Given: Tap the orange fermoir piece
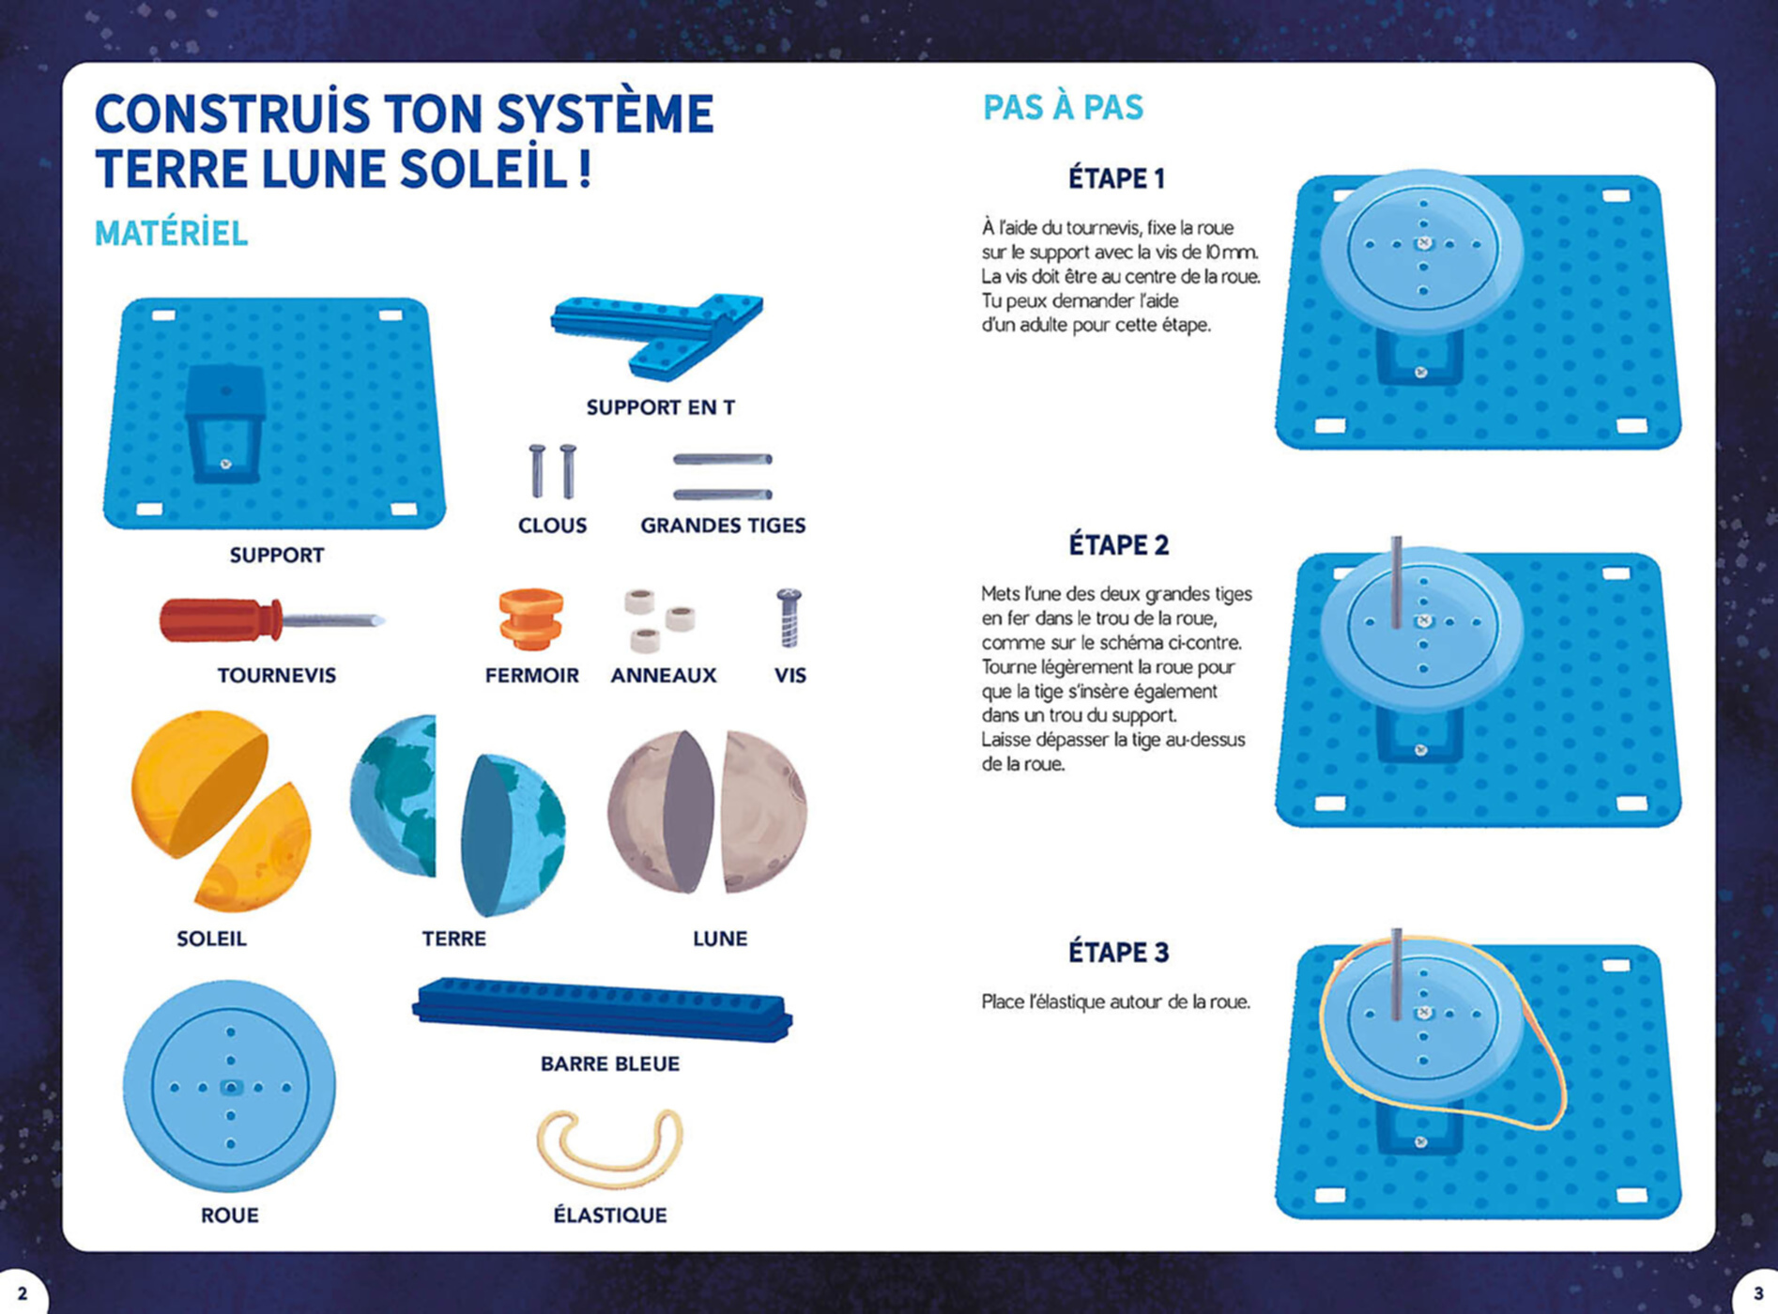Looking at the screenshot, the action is tap(531, 619).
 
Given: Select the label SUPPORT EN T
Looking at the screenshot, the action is tap(661, 407).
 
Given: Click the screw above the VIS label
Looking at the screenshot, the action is tap(789, 618).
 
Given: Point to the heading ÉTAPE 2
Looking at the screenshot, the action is tap(1118, 544).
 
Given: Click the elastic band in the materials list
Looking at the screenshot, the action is tap(610, 1148).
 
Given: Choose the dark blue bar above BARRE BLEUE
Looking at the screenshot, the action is tap(602, 1009).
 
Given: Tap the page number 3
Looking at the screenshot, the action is tap(1757, 1293).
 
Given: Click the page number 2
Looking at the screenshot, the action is tap(23, 1293).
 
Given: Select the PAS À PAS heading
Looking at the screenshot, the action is tap(1063, 107).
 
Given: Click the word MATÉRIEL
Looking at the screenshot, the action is tap(171, 233).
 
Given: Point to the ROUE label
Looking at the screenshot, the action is tap(229, 1215).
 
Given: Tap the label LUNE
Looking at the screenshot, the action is tap(720, 939).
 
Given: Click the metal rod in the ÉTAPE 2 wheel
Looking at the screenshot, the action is tap(1396, 582).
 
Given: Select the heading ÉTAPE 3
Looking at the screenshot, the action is tap(1118, 952).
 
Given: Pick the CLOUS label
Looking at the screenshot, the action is tap(552, 526).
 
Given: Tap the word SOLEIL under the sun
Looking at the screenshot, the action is tap(211, 939).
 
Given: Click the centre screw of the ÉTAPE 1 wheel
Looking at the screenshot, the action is tap(1423, 243).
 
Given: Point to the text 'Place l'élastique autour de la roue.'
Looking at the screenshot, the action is tap(1116, 1001).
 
